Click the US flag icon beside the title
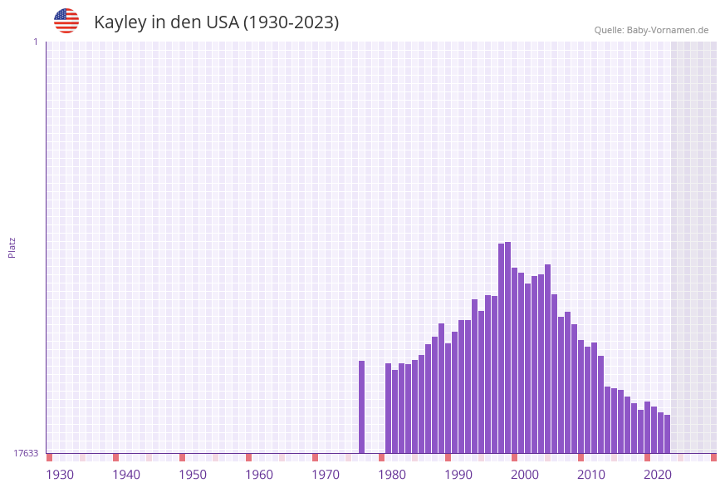(66, 21)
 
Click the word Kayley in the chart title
(120, 22)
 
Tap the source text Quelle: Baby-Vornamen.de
(651, 30)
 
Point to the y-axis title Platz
(12, 247)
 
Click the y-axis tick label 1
(35, 42)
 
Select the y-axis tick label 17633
(26, 453)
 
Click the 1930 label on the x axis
(60, 474)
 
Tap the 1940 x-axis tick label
(126, 474)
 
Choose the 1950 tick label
(193, 474)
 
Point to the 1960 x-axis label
(259, 474)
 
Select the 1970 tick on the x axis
(326, 474)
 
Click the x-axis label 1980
(392, 474)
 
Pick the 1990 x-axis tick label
(458, 474)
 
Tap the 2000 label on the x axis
(525, 474)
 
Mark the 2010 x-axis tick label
(591, 474)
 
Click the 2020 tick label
(658, 474)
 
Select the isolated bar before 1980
(362, 407)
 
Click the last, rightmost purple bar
(667, 433)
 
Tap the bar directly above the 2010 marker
(581, 396)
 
